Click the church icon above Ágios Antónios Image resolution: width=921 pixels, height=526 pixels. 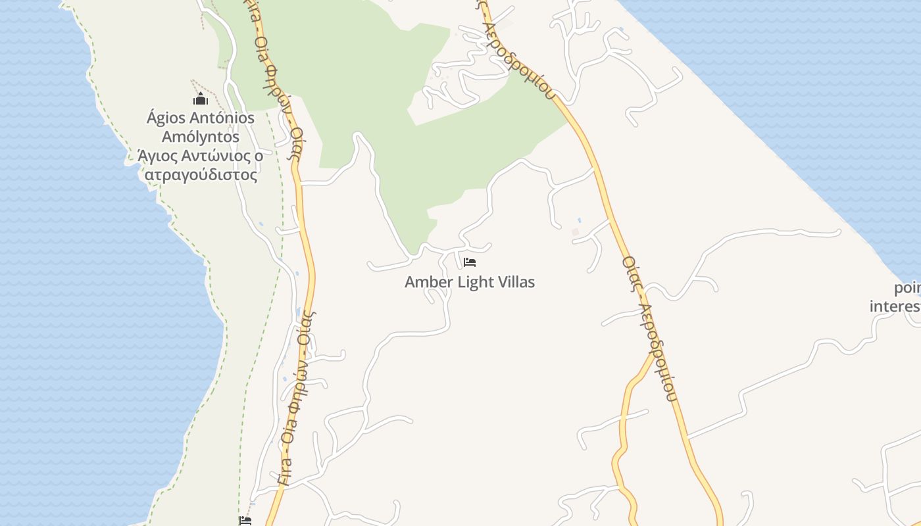click(x=200, y=99)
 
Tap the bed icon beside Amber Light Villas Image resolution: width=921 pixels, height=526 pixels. click(x=469, y=262)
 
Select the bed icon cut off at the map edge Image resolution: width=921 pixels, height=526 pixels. click(x=245, y=521)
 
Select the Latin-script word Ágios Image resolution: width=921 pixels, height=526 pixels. click(x=166, y=119)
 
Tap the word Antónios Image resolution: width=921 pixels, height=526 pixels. click(x=222, y=119)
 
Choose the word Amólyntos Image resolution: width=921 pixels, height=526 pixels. click(x=201, y=138)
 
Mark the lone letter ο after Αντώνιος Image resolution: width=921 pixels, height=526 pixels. click(x=259, y=157)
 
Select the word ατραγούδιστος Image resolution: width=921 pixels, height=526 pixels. click(x=201, y=176)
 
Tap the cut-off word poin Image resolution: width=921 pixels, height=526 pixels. click(x=907, y=288)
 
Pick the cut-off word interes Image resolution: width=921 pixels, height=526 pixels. click(x=895, y=306)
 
